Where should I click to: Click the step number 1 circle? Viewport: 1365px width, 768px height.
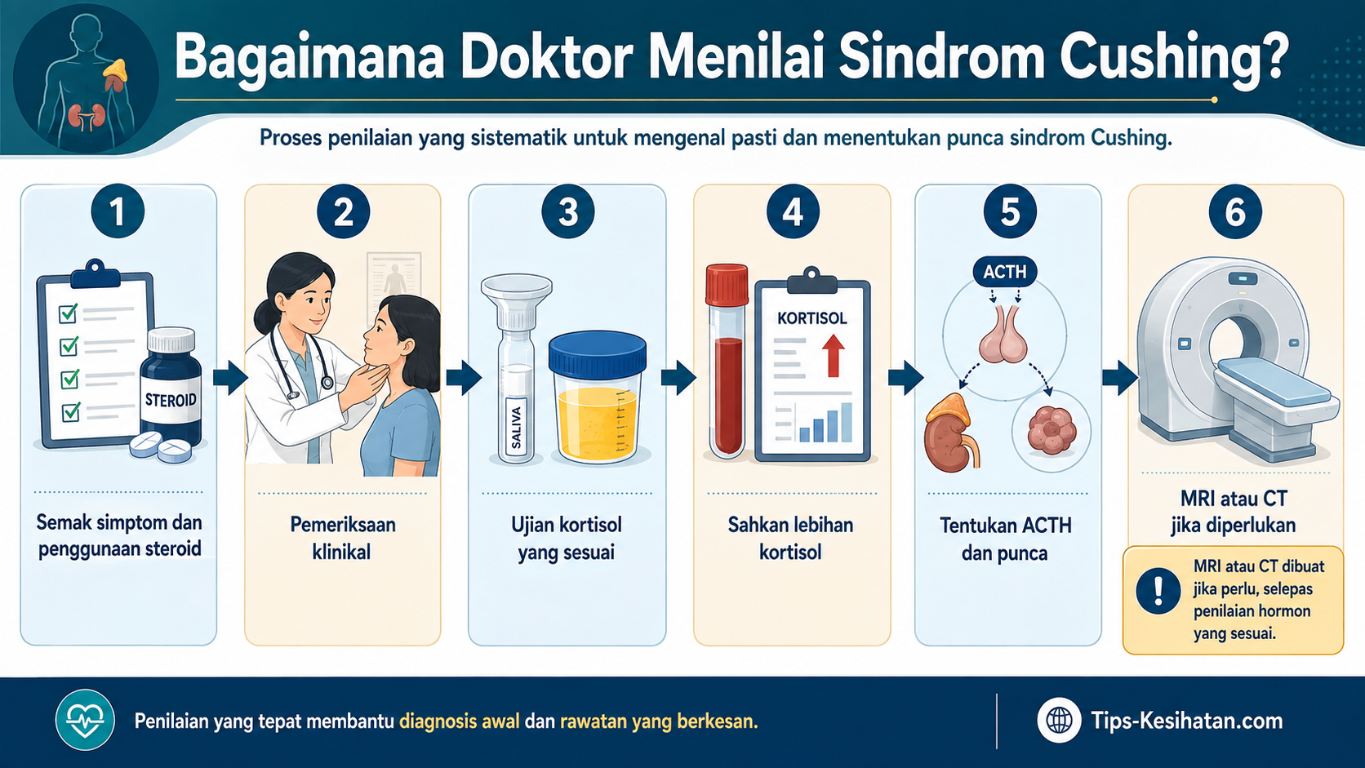coord(118,211)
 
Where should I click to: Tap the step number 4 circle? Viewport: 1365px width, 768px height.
coord(793,211)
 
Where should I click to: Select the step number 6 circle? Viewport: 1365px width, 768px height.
coord(1235,211)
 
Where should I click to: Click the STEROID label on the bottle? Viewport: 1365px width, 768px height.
coord(171,400)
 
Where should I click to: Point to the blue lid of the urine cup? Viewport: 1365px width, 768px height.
coord(598,353)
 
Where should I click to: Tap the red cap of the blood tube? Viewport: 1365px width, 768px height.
coord(727,284)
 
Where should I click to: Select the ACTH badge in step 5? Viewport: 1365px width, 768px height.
coord(1005,272)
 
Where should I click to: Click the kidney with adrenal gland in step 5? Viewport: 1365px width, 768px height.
coord(949,433)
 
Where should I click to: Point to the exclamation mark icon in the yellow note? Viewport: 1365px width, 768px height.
coord(1158,591)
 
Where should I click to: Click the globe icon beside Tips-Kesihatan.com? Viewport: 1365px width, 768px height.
coord(1059,721)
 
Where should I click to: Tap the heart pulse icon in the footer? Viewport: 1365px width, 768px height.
coord(85,720)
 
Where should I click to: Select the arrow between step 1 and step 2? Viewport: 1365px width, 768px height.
coord(230,378)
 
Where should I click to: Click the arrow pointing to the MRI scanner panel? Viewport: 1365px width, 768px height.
coord(1119,378)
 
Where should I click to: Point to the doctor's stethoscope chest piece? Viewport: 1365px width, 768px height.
coord(327,383)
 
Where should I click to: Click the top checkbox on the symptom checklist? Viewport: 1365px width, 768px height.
coord(69,313)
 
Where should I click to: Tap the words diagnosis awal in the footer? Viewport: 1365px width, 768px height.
coord(460,721)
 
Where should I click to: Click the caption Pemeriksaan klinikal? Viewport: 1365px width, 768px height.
coord(342,539)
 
